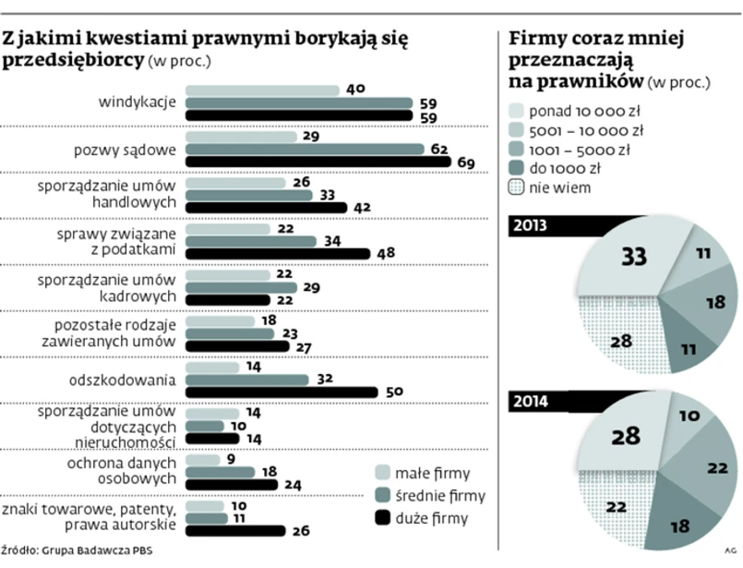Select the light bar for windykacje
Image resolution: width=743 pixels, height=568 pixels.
pos(263,90)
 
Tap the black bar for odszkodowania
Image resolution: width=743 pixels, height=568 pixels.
pos(282,393)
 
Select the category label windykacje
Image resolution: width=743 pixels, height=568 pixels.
pos(137,102)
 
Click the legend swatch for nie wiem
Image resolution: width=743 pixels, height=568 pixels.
pos(517,188)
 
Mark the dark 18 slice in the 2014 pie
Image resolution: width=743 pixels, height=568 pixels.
pos(681,523)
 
